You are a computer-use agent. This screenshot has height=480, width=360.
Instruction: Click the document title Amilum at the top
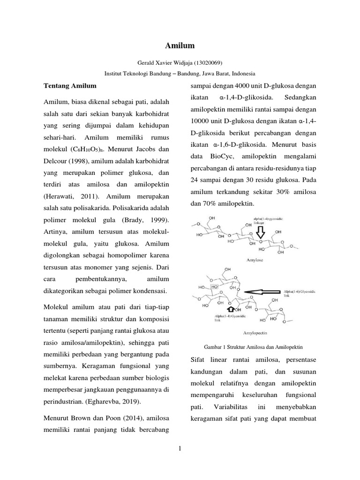click(180, 45)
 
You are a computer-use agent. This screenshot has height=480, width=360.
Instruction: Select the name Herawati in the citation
click(60, 196)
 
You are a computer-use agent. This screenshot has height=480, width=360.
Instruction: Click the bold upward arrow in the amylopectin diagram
click(230, 309)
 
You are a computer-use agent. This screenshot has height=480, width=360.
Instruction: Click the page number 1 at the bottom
click(180, 450)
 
